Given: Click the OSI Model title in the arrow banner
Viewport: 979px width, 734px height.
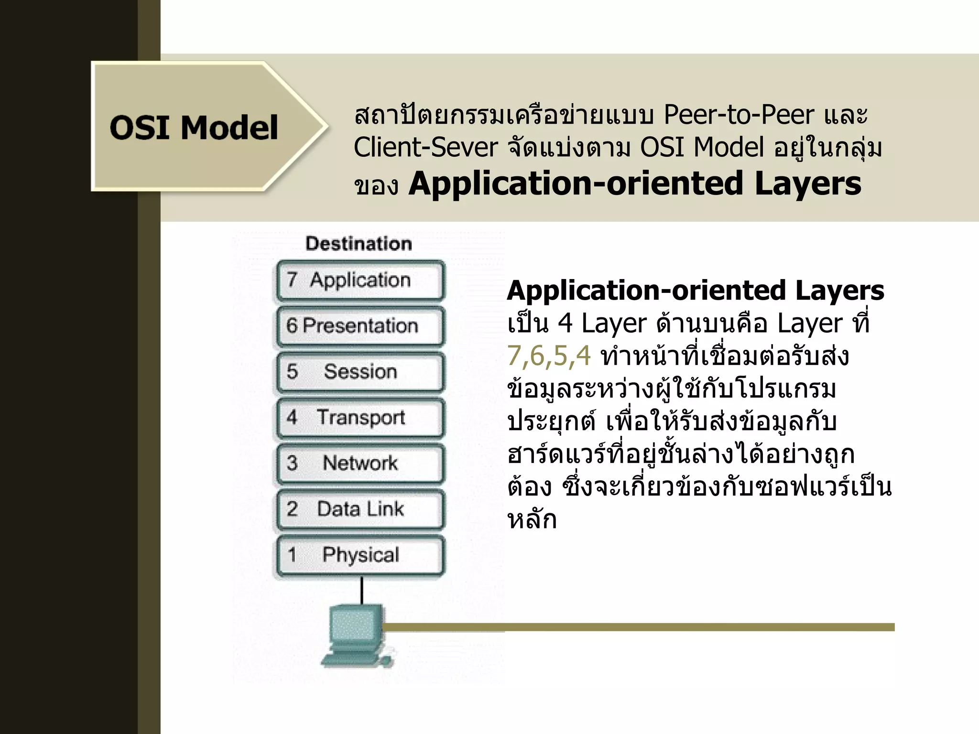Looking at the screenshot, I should (194, 128).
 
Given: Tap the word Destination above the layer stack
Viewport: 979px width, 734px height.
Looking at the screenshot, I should (359, 244).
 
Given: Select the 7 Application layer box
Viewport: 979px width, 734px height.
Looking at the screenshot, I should (360, 280).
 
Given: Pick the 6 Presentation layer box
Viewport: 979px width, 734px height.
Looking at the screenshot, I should (360, 326).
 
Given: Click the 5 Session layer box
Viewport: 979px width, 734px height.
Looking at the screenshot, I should (360, 372).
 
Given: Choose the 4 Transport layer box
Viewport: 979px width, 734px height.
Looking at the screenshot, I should (360, 418).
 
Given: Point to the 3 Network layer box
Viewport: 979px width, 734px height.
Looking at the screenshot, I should (360, 463).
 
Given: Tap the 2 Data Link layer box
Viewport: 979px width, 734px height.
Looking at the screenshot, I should (360, 509).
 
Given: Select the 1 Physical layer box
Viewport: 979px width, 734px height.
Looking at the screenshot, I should (360, 555).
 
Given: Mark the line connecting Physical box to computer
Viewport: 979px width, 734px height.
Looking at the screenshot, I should (362, 591).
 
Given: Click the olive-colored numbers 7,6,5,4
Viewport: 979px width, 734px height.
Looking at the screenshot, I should (549, 356).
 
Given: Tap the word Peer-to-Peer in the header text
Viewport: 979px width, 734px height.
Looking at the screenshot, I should (739, 115).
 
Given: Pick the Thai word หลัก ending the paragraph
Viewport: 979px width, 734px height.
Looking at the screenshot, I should (532, 520).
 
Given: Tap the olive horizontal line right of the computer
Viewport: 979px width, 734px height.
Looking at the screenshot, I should (669, 627).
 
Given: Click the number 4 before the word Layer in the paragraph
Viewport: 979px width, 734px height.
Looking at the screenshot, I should (565, 324).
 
